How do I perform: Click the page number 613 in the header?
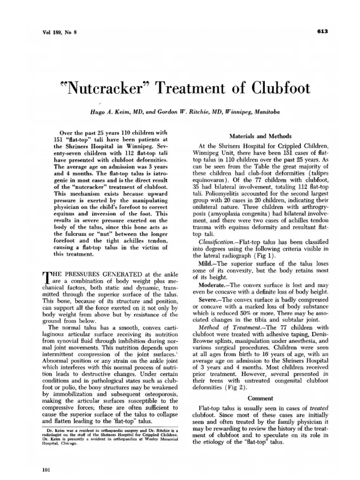[x=322, y=32]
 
